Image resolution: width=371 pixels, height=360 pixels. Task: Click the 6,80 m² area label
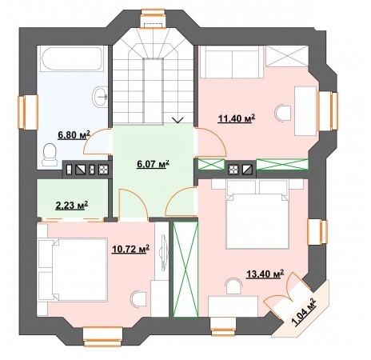click(x=74, y=135)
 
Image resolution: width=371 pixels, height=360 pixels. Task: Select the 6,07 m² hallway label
click(x=154, y=164)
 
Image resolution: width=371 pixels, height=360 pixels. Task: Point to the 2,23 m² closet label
click(x=72, y=206)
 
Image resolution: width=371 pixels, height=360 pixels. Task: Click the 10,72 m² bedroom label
click(x=130, y=249)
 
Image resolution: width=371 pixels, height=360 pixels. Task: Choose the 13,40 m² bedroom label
click(x=265, y=274)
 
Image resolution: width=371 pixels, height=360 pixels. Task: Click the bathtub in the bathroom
click(x=72, y=59)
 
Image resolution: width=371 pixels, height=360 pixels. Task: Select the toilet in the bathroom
click(x=50, y=155)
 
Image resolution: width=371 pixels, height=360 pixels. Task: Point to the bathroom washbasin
click(x=100, y=97)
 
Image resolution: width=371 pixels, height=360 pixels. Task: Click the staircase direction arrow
click(x=178, y=120)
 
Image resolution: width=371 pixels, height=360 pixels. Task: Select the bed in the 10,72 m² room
click(x=73, y=270)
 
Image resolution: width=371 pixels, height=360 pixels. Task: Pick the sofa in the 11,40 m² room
click(x=232, y=62)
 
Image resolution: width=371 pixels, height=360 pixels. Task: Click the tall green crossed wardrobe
click(x=185, y=270)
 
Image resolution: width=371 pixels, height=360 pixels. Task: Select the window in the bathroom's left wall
click(x=28, y=112)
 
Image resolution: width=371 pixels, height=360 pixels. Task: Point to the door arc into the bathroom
click(x=90, y=140)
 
